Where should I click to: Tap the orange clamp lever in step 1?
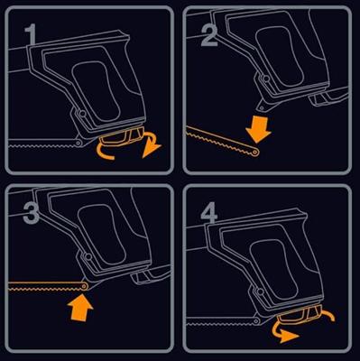point(115,141)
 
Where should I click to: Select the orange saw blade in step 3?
point(41,288)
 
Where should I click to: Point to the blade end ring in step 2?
point(258,153)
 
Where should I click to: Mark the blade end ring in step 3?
point(85,288)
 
